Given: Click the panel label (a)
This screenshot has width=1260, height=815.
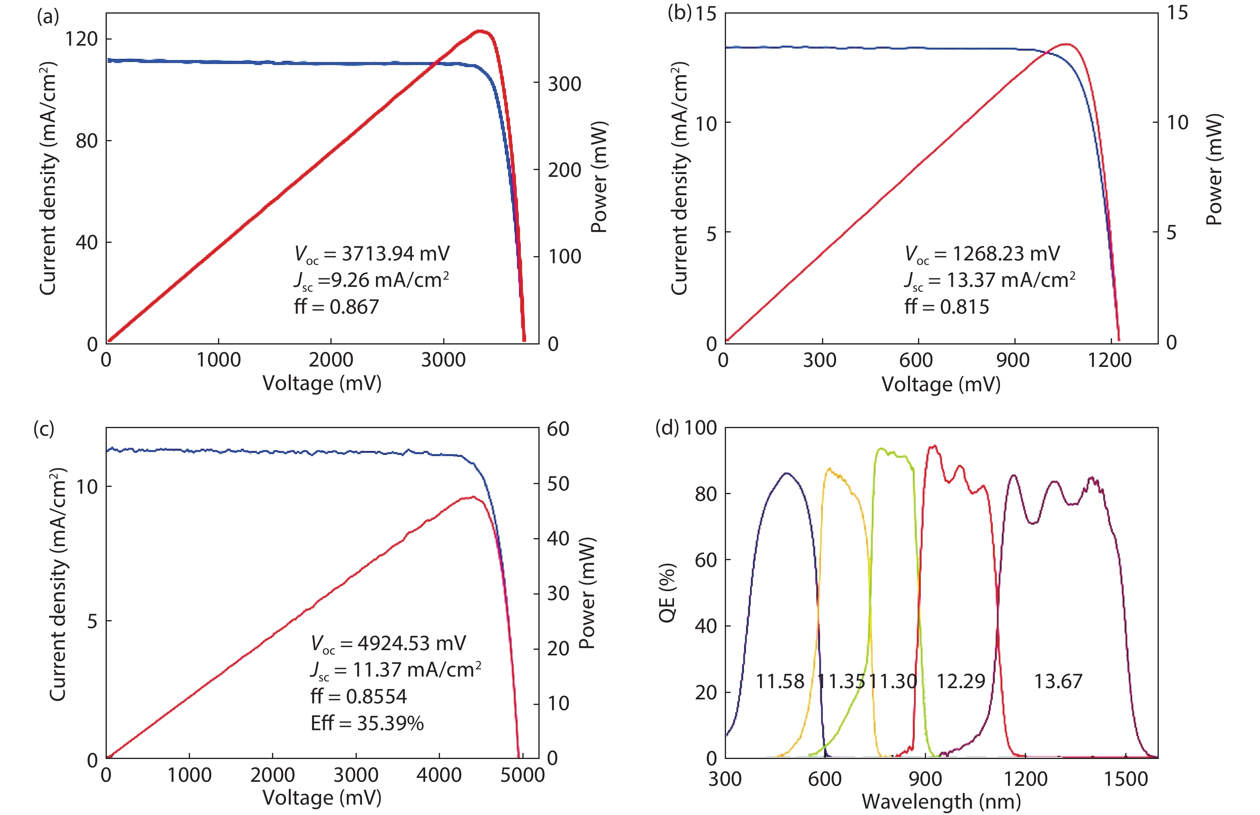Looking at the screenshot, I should tap(47, 18).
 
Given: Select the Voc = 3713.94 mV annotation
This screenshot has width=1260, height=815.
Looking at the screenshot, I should tap(372, 254).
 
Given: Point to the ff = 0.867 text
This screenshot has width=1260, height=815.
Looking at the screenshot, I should tap(336, 307).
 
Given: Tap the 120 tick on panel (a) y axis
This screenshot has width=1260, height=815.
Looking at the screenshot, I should tap(81, 39).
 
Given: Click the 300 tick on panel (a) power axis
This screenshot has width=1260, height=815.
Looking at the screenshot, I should tap(564, 84).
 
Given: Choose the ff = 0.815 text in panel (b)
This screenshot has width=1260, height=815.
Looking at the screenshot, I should tap(946, 307).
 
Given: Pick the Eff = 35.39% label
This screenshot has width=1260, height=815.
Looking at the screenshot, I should tap(367, 723).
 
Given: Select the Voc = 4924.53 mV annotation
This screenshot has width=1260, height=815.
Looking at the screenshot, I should tap(388, 643).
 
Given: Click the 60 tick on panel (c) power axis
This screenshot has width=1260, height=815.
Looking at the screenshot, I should tap(558, 429).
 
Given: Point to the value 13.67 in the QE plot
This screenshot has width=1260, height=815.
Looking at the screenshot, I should tap(1058, 681).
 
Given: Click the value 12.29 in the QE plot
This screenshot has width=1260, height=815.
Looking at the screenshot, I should tap(961, 681).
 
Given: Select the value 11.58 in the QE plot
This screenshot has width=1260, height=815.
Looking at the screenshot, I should tap(780, 681).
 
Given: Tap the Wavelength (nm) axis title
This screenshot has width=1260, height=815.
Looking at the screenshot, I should tap(941, 802).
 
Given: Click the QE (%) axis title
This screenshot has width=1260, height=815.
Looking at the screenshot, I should tap(667, 593).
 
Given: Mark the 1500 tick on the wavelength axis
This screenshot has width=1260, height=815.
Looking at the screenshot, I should tap(1125, 779).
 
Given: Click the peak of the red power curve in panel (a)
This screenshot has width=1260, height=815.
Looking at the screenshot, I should tap(480, 31).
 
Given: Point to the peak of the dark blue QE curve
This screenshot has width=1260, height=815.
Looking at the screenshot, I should tap(786, 473).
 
